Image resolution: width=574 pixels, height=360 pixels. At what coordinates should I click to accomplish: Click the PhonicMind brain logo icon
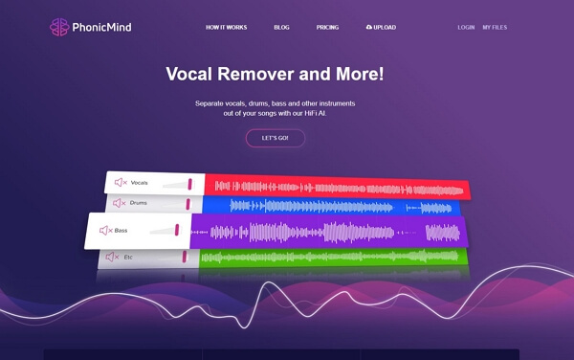click(59, 27)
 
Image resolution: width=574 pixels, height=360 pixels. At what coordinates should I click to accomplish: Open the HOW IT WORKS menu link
click(226, 28)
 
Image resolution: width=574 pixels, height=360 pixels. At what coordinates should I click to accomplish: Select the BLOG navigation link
click(281, 28)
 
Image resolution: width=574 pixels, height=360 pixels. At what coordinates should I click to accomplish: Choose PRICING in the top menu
click(327, 28)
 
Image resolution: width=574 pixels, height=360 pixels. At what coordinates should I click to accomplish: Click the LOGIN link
click(466, 28)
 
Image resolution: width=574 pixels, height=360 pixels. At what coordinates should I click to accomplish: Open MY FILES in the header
click(496, 28)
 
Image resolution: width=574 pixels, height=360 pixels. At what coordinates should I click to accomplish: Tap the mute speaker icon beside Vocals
click(121, 182)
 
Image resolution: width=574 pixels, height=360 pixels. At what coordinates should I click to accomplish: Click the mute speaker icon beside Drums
click(120, 203)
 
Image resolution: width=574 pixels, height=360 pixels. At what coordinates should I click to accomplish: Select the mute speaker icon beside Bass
click(105, 230)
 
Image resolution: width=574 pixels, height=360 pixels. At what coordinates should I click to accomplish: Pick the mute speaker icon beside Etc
click(114, 257)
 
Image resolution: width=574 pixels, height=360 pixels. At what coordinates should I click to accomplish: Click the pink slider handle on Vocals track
click(190, 183)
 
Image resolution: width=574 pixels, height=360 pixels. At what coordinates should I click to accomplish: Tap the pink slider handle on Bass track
click(178, 229)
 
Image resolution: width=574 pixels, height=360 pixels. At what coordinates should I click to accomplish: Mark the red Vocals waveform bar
click(335, 186)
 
